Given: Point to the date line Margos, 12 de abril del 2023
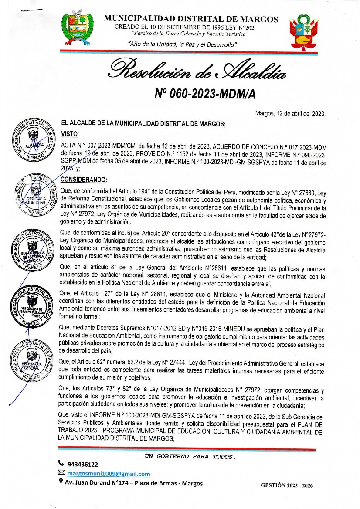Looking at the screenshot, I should click(290, 114).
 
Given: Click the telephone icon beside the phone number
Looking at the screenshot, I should click(61, 464).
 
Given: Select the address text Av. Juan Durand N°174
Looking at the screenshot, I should click(95, 483).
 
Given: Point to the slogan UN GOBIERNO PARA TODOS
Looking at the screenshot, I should click(190, 456).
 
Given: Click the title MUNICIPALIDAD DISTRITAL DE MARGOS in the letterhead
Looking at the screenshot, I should click(191, 19).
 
